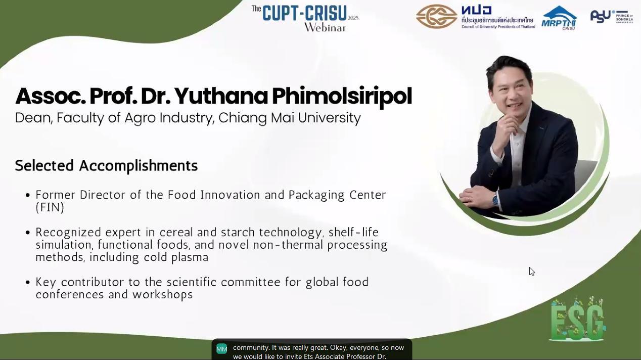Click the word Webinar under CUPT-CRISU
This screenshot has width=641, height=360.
click(x=325, y=27)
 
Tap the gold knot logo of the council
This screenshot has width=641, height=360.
click(x=436, y=16)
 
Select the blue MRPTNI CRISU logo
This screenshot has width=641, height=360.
click(x=559, y=18)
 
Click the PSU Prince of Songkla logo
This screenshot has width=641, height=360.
click(x=612, y=16)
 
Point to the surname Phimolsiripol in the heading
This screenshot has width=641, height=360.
click(x=342, y=97)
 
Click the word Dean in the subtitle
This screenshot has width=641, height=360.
click(x=34, y=118)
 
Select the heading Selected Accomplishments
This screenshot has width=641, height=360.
click(x=106, y=165)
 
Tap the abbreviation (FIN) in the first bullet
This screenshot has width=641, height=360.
click(x=50, y=207)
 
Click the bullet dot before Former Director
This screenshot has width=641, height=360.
click(x=27, y=195)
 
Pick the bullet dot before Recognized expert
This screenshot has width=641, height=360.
click(x=27, y=233)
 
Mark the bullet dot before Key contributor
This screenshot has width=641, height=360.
click(x=27, y=283)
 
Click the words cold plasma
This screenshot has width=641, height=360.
click(x=176, y=257)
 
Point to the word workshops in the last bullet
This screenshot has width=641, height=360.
click(x=163, y=294)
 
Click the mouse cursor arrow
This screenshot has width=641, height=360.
click(x=532, y=272)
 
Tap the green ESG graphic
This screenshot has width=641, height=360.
click(x=577, y=319)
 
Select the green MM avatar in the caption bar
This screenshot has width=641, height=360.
click(x=222, y=349)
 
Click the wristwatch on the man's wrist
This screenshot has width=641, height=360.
click(x=496, y=200)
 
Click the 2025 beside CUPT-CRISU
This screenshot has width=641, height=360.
click(x=353, y=18)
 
